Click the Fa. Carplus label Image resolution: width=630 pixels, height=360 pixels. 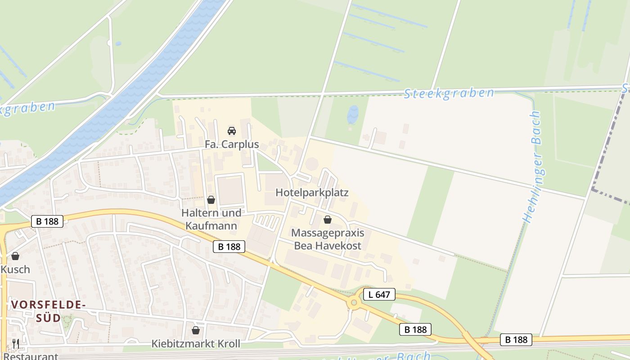(x=232, y=144)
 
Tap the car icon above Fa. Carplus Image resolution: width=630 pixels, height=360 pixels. (x=232, y=131)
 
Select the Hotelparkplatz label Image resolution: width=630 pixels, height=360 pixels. (x=312, y=193)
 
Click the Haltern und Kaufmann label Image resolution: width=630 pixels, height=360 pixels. (x=211, y=219)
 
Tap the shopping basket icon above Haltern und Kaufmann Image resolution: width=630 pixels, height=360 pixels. (x=211, y=200)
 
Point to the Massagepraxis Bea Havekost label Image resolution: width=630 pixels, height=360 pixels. (x=328, y=239)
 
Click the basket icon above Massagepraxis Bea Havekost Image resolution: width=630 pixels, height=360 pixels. (x=328, y=220)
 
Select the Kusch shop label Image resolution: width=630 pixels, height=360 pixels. (x=15, y=269)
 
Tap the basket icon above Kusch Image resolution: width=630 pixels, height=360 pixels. (x=15, y=256)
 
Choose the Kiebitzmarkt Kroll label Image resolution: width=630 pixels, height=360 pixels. (x=196, y=344)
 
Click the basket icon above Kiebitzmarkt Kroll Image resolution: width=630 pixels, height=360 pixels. (x=196, y=330)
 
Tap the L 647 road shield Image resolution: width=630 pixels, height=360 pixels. (x=379, y=295)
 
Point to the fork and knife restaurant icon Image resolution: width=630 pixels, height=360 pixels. (x=16, y=344)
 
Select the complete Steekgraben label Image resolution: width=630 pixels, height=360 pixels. (x=449, y=93)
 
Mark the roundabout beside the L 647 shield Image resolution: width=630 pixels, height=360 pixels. (x=354, y=303)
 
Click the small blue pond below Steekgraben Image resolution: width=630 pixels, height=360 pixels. (x=353, y=115)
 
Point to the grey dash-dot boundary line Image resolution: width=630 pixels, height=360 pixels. (x=605, y=148)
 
